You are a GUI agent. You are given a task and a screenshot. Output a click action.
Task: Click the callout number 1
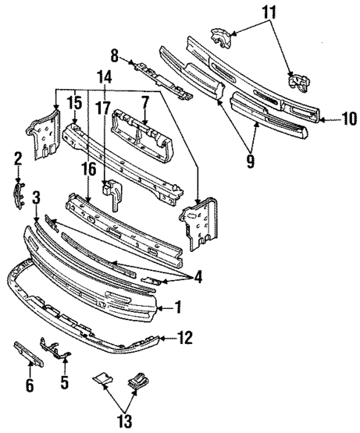(177, 306)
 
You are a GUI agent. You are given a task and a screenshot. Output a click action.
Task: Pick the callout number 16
(88, 170)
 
